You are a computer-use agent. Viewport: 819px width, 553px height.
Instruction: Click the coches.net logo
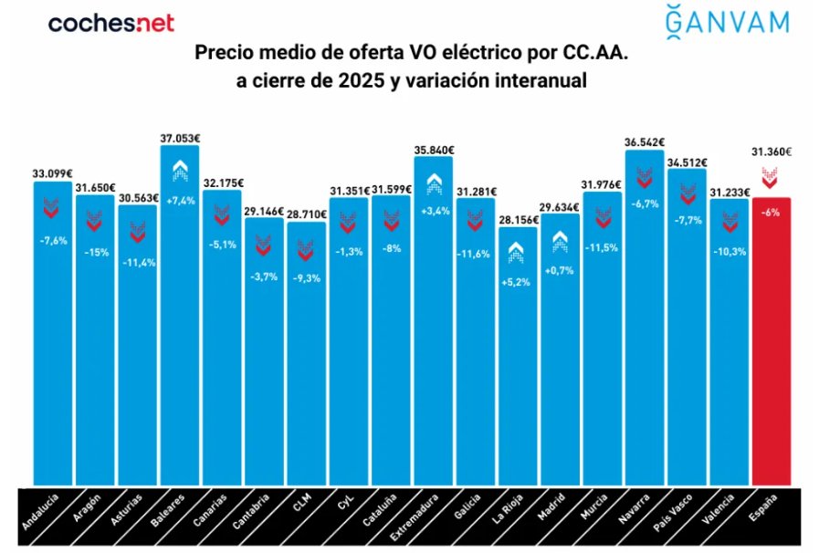point(110,23)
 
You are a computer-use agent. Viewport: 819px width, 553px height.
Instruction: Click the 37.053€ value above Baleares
point(180,139)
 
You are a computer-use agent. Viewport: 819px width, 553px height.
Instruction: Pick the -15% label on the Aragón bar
point(95,252)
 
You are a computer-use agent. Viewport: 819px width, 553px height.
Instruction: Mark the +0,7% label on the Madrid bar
point(560,271)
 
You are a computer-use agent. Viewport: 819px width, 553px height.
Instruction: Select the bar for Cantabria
point(264,365)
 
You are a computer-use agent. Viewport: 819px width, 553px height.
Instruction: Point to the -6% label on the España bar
point(771,213)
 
